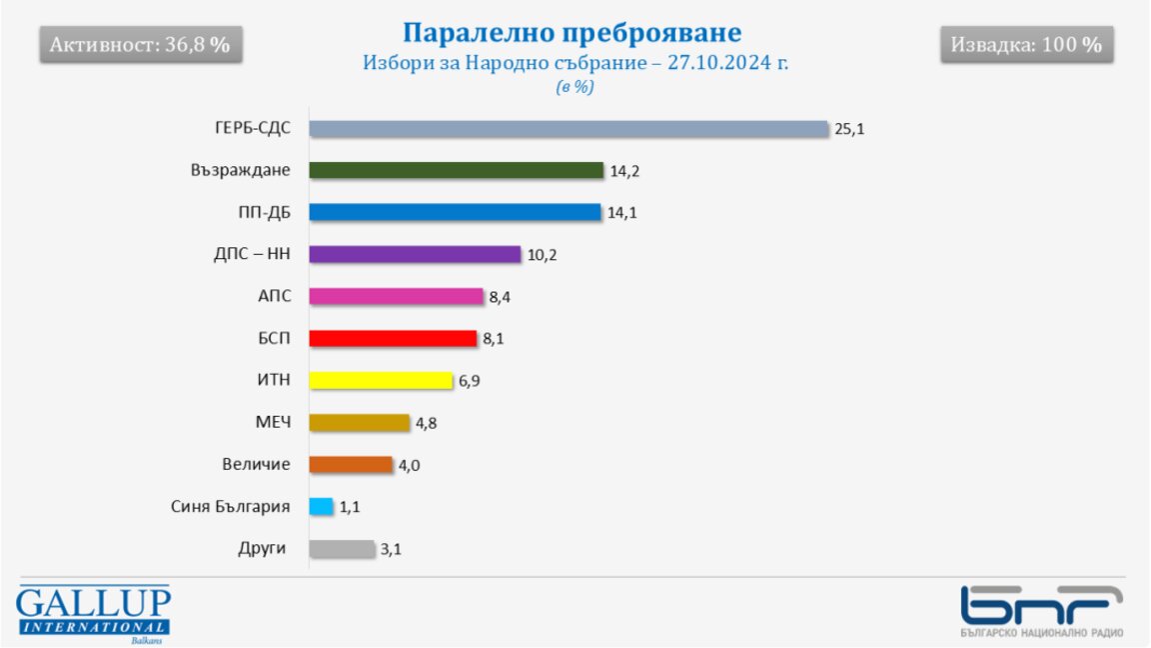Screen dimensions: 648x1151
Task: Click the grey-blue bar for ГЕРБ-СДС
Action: pos(569,129)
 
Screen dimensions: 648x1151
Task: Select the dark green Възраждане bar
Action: pos(457,170)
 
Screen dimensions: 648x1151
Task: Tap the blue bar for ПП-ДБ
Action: pos(455,212)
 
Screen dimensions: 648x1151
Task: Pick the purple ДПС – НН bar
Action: pos(415,254)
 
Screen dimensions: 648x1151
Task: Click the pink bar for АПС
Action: pos(396,296)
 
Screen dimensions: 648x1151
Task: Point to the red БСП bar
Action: pos(393,338)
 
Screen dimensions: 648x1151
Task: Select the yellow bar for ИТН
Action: pos(381,380)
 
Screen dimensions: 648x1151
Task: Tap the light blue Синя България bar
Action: pos(321,506)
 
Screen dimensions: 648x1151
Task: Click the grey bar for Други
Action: pos(342,548)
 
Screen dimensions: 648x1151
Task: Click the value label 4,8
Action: pos(427,423)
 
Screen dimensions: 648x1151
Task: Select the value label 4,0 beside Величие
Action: pos(410,465)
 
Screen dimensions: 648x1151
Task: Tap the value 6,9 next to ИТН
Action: pos(470,381)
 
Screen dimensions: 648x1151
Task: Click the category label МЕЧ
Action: pos(273,422)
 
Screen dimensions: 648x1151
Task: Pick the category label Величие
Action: pos(257,464)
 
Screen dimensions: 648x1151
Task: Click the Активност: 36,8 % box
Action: pos(140,45)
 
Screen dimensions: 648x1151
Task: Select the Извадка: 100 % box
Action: pos(1026,45)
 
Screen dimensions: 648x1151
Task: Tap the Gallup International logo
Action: pos(93,612)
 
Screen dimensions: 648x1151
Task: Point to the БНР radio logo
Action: pos(1041,610)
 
